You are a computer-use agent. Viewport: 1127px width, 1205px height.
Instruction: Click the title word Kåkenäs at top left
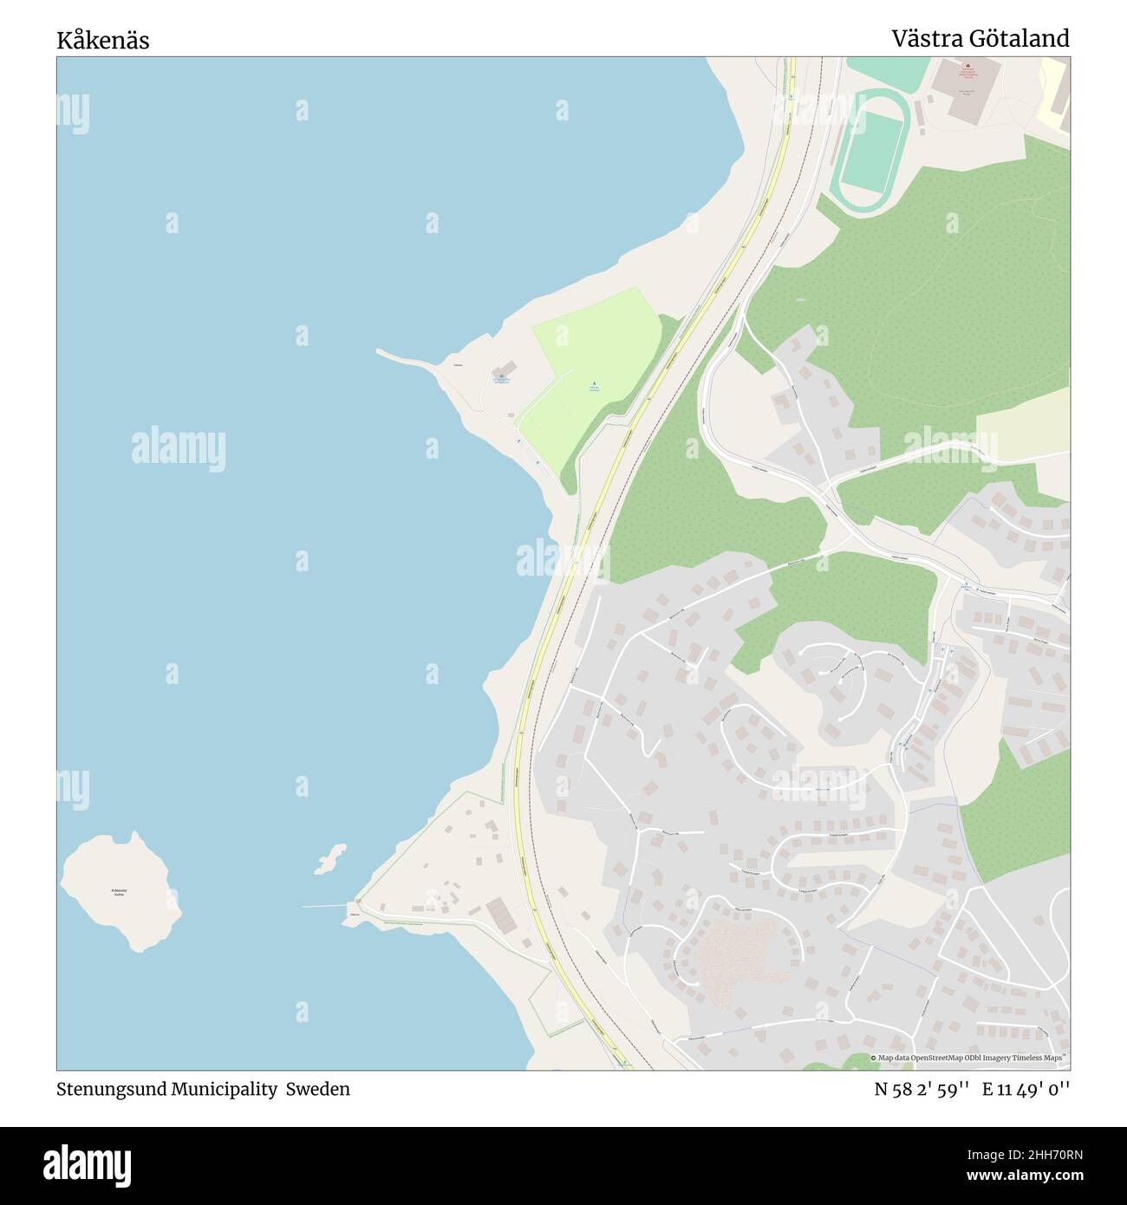point(103,41)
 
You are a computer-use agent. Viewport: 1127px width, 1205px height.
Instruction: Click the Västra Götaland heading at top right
point(980,38)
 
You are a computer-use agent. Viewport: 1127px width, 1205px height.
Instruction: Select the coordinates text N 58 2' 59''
point(922,1089)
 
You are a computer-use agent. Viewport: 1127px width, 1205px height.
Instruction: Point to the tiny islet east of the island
point(329,858)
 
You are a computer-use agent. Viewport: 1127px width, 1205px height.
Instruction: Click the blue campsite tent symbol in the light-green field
point(594,383)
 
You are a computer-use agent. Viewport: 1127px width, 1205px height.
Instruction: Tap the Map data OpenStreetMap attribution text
point(969,1058)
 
